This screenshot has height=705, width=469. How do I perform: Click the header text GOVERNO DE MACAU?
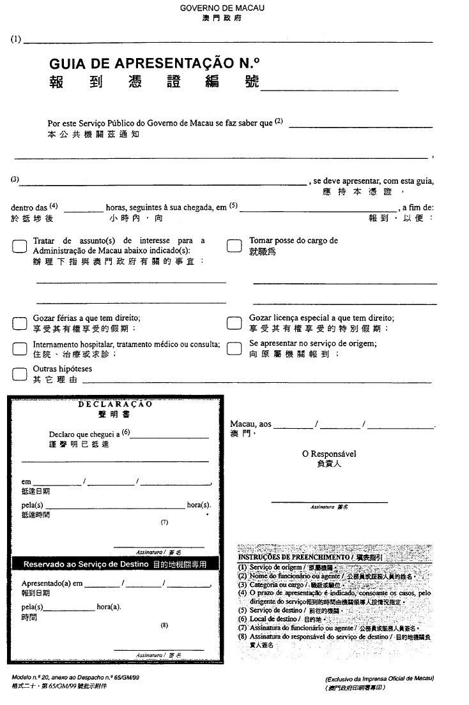pyautogui.click(x=222, y=8)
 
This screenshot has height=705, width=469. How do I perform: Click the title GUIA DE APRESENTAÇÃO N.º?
pyautogui.click(x=155, y=64)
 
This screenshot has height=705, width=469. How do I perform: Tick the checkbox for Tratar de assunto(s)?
pyautogui.click(x=19, y=248)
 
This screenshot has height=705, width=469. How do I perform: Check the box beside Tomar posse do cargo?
pyautogui.click(x=235, y=248)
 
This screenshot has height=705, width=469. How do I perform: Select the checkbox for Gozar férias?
pyautogui.click(x=19, y=323)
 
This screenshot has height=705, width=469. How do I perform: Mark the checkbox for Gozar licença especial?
pyautogui.click(x=235, y=323)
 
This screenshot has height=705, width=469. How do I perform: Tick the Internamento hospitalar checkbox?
pyautogui.click(x=19, y=349)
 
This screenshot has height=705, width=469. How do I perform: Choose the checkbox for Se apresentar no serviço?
pyautogui.click(x=235, y=349)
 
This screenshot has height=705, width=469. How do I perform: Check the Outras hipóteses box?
pyautogui.click(x=19, y=374)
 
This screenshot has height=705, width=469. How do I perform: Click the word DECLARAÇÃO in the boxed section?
pyautogui.click(x=116, y=404)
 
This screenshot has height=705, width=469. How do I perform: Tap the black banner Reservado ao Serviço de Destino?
pyautogui.click(x=115, y=565)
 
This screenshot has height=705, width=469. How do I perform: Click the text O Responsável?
pyautogui.click(x=329, y=454)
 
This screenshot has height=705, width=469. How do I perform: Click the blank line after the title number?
pyautogui.click(x=329, y=89)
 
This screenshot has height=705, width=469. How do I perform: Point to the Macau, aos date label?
pyautogui.click(x=250, y=424)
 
